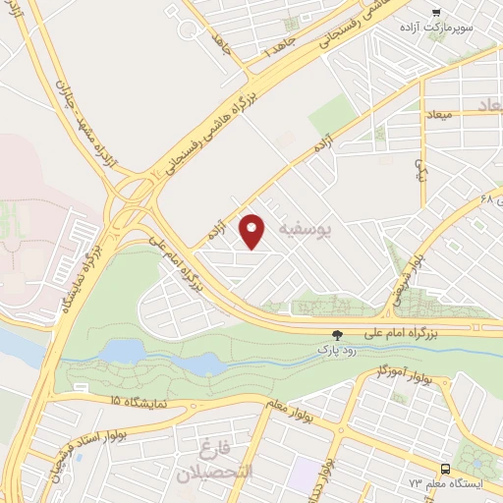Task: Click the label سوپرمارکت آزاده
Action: tap(436, 27)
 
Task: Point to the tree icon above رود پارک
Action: tap(338, 335)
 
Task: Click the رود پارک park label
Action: tap(332, 349)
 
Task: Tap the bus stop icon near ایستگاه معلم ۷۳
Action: tap(446, 469)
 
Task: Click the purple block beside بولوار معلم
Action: tap(307, 470)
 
